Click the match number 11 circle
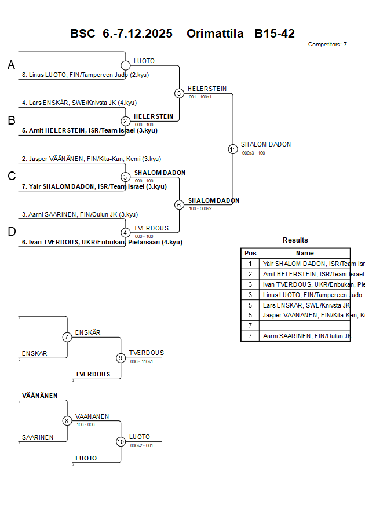pos(233,149)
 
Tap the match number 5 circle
pos(179,93)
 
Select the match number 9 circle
pos(121,358)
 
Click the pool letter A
pos(11,65)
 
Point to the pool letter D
pos(12,232)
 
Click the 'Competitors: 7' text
pos(327,45)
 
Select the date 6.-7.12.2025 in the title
pos(137,34)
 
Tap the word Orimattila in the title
pos(215,34)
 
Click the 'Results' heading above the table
pos(295,240)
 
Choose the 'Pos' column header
pos(250,253)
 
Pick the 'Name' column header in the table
pos(305,253)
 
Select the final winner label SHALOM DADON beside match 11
pos(266,144)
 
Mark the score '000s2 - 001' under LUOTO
pos(141,445)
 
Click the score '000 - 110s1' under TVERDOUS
pos(141,361)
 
